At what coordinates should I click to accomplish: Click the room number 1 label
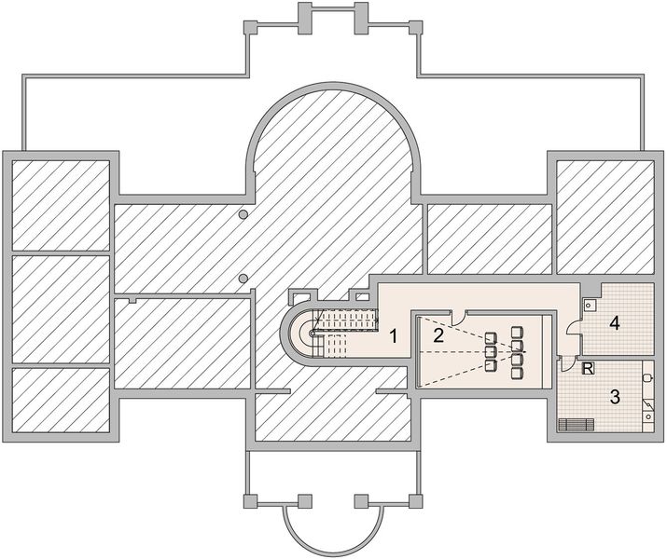point(394,337)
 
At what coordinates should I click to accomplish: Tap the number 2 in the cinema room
point(438,336)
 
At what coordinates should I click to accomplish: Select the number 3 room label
point(615,397)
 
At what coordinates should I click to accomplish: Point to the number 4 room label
point(614,323)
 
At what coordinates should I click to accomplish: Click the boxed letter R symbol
point(588,368)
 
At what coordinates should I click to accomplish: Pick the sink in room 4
point(590,305)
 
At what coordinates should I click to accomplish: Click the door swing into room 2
point(459,317)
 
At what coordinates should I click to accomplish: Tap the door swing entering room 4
point(575,328)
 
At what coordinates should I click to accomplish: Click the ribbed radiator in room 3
point(576,425)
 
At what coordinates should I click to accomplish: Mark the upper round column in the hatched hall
point(243,214)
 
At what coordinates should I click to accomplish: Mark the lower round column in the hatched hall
point(243,279)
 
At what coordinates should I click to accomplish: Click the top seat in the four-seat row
point(517,332)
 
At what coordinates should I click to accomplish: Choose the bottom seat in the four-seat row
point(517,374)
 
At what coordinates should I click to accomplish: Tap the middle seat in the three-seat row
point(491,351)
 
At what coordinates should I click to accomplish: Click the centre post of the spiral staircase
point(313,334)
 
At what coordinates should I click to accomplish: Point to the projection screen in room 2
point(420,351)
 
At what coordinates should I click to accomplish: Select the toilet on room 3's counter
point(647,377)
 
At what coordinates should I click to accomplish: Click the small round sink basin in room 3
point(648,416)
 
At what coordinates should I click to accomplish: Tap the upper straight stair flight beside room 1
point(346,320)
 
